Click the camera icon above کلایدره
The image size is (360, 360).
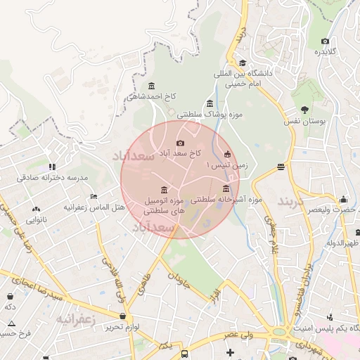pyautogui.click(x=324, y=40)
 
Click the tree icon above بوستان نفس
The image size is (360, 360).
pyautogui.click(x=304, y=109)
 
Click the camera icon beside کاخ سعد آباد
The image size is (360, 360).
pyautogui.click(x=180, y=143)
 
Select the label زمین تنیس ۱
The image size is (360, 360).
pyautogui.click(x=226, y=164)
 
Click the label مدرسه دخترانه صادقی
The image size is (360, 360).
pyautogui.click(x=52, y=178)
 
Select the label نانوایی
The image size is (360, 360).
pyautogui.click(x=37, y=220)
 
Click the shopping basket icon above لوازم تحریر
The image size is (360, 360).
pyautogui.click(x=124, y=316)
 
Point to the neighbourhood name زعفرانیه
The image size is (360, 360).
pyautogui.click(x=75, y=319)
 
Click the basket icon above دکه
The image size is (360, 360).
pyautogui.click(x=11, y=297)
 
